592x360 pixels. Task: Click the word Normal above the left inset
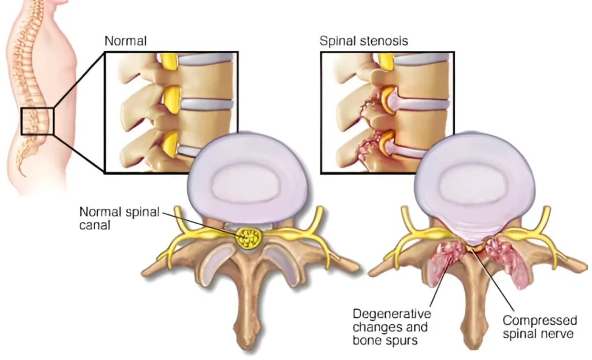pyautogui.click(x=125, y=41)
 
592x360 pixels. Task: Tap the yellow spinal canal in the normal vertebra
pyautogui.click(x=248, y=237)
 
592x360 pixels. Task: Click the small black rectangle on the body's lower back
pyautogui.click(x=37, y=121)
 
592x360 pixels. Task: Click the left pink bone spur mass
pyautogui.click(x=446, y=259)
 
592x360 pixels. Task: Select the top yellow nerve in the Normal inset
pyautogui.click(x=168, y=60)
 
